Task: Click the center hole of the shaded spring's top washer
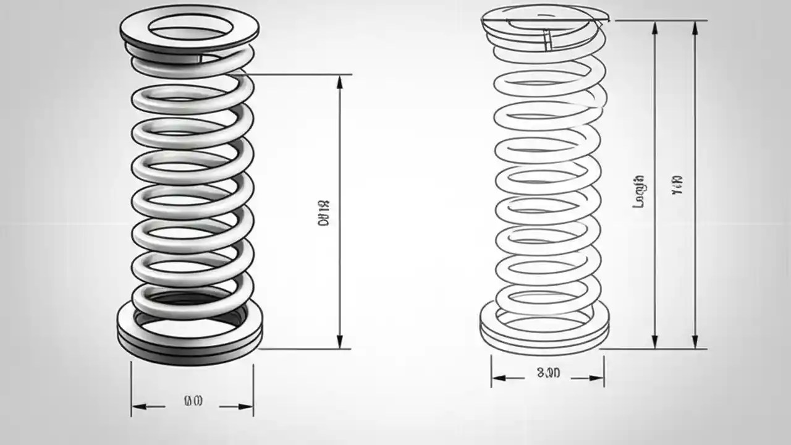tap(190, 25)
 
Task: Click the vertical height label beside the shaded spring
tap(324, 211)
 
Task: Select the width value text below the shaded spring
tap(193, 401)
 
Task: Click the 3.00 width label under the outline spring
tap(548, 373)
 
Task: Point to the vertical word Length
tap(640, 191)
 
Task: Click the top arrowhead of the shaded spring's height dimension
tap(339, 80)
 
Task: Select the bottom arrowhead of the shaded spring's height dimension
tap(339, 343)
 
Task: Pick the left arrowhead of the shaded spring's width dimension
tap(137, 407)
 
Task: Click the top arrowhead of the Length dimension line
tap(655, 26)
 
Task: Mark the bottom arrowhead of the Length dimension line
tap(655, 343)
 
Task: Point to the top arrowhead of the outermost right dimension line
tap(696, 26)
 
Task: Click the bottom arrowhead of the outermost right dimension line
tap(696, 343)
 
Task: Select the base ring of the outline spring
tap(544, 331)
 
